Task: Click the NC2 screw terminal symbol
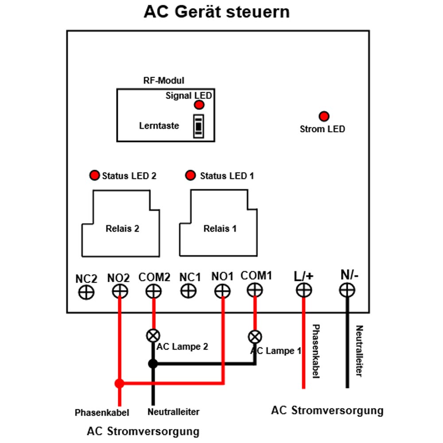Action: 86,292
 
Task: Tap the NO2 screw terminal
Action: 120,291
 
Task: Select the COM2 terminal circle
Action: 154,291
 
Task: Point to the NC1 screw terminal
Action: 188,291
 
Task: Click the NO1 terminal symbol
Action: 223,291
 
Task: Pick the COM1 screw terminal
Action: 255,290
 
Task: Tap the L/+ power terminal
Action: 304,290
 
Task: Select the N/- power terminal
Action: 347,290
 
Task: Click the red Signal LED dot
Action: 199,105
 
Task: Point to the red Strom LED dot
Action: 324,116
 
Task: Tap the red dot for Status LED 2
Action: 95,175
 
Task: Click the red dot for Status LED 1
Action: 190,175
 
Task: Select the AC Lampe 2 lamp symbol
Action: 153,336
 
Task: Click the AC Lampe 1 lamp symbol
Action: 255,337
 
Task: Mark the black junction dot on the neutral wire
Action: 153,364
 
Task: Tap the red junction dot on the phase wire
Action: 120,383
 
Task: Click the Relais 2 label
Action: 122,228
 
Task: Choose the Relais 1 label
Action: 220,228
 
